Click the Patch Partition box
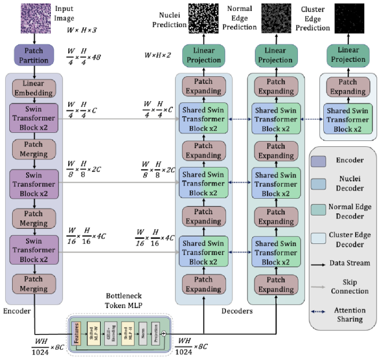click(x=34, y=55)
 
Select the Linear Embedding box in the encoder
click(x=34, y=88)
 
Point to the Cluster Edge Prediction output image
click(x=346, y=17)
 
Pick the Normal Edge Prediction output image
click(x=276, y=17)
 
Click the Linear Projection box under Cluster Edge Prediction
click(x=346, y=56)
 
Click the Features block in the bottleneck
click(x=76, y=333)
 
